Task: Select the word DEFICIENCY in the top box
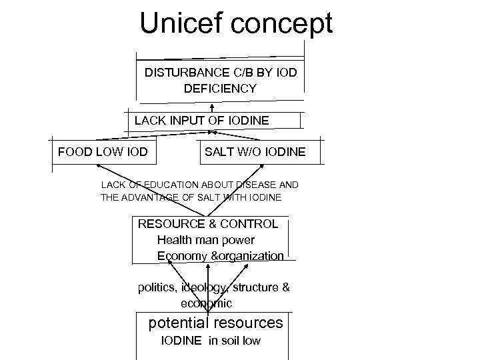[220, 88]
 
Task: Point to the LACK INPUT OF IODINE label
[202, 121]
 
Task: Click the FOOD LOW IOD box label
[103, 152]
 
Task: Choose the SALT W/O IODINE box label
[255, 153]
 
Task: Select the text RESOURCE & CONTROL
[208, 224]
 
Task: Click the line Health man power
[206, 239]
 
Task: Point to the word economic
[206, 303]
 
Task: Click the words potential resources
[215, 323]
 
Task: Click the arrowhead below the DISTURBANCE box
[212, 105]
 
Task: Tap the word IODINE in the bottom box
[182, 341]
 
